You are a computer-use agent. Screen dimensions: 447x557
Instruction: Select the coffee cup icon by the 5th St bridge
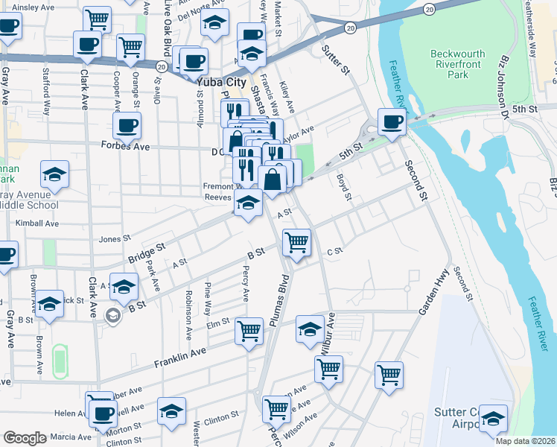click(x=392, y=121)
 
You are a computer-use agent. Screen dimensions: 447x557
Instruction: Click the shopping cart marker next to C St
click(x=296, y=242)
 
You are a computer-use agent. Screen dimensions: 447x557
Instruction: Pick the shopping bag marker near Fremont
click(x=273, y=180)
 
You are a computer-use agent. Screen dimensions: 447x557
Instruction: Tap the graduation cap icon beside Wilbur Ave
click(x=311, y=329)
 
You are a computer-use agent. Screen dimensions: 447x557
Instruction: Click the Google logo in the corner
click(x=25, y=438)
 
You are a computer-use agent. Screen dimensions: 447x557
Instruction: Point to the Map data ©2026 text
click(x=525, y=441)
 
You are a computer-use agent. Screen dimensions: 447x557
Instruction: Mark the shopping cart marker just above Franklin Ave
click(x=249, y=330)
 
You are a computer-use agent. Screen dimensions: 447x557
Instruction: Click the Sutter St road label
click(x=335, y=61)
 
